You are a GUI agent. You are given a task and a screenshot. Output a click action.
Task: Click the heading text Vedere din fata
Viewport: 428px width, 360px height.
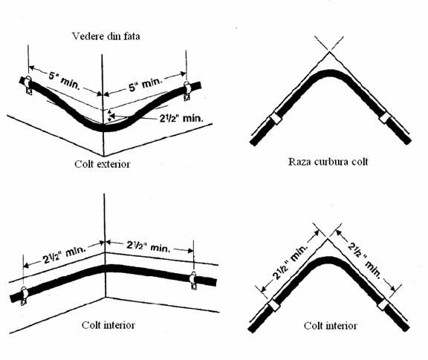[106, 36]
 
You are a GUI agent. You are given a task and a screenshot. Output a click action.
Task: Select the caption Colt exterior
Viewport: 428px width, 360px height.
[103, 164]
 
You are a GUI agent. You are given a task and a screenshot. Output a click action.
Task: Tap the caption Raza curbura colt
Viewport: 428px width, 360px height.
[328, 162]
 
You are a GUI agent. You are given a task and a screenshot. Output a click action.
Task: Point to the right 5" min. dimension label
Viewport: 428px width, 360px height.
[146, 84]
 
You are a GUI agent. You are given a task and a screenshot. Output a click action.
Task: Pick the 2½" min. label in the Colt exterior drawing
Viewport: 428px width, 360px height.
[181, 118]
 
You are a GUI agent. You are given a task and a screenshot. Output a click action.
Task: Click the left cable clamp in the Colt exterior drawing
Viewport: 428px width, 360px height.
[28, 85]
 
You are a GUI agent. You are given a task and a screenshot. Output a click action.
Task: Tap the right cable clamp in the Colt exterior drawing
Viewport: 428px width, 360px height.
[187, 91]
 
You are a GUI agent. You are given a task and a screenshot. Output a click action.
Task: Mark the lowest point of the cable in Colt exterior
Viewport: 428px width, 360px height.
[104, 128]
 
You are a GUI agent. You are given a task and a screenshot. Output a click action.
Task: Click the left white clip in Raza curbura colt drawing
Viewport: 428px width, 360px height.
[276, 118]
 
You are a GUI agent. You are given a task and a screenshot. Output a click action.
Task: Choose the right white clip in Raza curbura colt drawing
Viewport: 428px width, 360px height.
[386, 117]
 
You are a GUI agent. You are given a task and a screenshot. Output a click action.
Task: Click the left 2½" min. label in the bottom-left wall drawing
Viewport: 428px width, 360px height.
[65, 255]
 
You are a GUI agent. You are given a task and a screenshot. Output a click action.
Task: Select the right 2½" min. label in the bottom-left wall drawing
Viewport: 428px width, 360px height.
[148, 246]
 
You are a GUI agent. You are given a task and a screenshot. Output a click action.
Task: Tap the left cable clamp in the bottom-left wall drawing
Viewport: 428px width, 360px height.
[24, 295]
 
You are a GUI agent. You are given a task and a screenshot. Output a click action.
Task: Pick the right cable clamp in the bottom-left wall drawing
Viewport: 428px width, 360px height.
[193, 281]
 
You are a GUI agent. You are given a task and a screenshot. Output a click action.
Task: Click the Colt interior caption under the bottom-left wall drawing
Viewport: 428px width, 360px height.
[108, 325]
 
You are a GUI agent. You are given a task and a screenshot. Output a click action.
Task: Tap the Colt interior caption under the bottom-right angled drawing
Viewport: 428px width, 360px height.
[330, 326]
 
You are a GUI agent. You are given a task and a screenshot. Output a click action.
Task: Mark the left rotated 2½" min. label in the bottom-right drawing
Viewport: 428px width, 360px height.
[291, 262]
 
